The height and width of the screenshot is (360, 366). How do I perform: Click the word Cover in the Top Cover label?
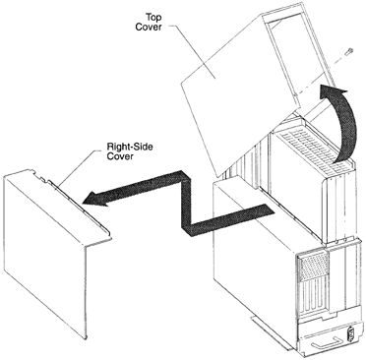[149, 27]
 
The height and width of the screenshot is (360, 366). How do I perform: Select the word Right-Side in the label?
[130, 147]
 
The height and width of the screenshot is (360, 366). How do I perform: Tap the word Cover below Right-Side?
[120, 156]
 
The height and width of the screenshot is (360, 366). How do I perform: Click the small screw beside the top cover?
[349, 51]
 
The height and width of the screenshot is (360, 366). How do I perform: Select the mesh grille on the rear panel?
[312, 267]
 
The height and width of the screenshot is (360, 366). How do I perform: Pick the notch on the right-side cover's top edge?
[42, 179]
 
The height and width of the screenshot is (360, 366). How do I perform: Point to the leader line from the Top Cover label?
[193, 52]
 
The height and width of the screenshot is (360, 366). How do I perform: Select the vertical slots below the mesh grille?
[312, 299]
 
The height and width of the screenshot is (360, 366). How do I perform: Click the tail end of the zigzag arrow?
[269, 210]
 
